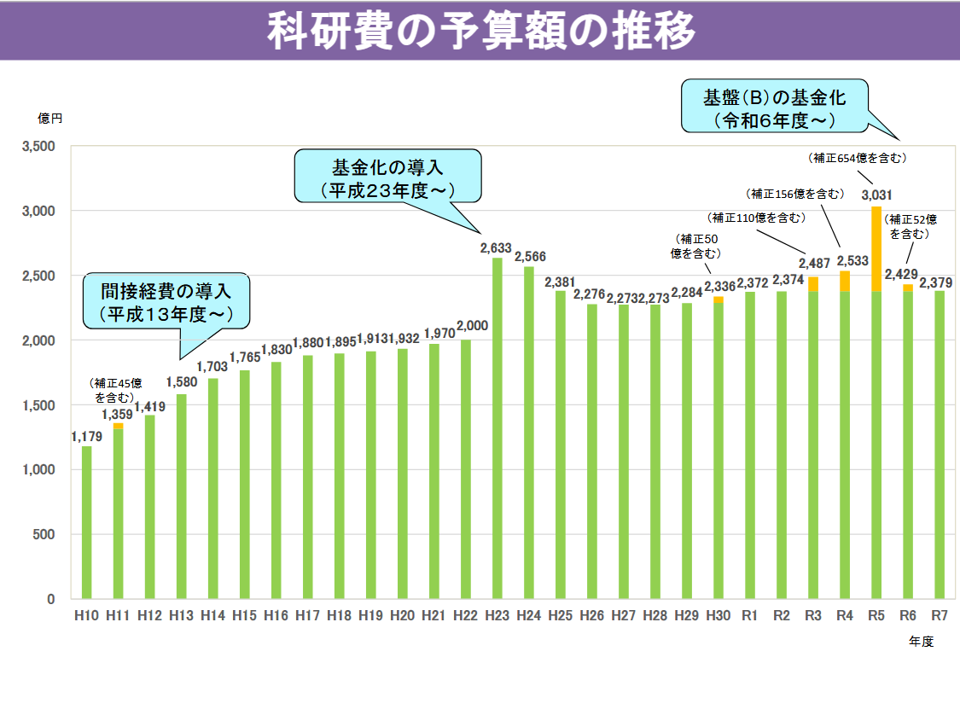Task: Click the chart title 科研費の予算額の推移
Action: pos(480,31)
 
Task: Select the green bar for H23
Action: pos(497,427)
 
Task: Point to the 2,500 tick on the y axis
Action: pos(38,276)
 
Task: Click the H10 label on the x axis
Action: pos(86,615)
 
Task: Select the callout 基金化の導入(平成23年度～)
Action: pos(387,176)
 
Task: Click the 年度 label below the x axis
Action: pos(921,642)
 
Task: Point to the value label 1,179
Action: pos(86,437)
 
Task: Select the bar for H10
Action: pos(86,522)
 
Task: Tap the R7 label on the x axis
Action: pos(940,615)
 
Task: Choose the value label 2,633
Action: pos(496,248)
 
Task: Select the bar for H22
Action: pos(465,469)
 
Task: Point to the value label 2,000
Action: pos(472,324)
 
